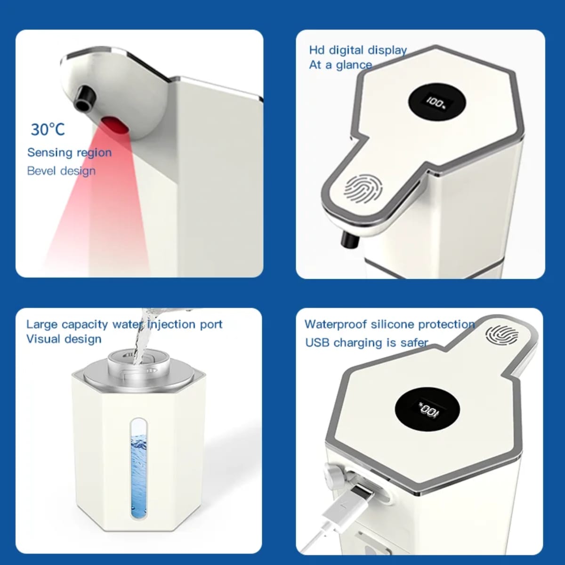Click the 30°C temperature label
pos(48,129)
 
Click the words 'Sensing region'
pos(70,153)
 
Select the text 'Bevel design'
pos(61,170)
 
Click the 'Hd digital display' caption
pos(358,50)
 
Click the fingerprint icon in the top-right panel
pos(363,189)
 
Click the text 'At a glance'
pos(340,65)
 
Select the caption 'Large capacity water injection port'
pos(124,324)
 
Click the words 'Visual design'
pos(64,339)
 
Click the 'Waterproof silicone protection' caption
pos(390,324)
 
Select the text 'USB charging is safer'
pos(367,342)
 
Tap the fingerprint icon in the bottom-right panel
pos(502,335)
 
